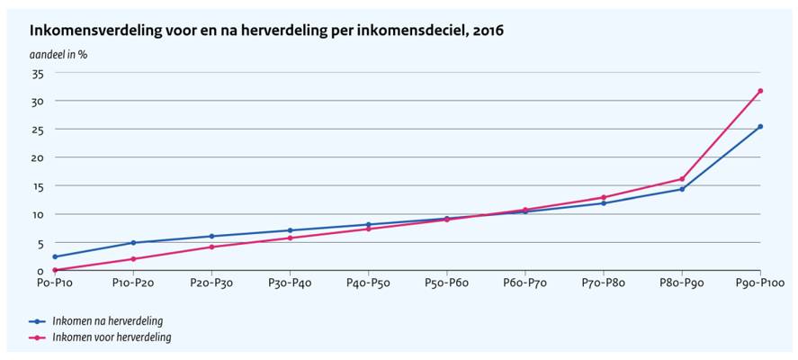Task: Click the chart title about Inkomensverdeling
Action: click(266, 30)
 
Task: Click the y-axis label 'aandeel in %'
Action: click(58, 54)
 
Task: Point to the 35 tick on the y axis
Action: click(37, 73)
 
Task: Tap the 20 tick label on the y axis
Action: click(37, 157)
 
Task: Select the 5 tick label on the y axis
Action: click(40, 243)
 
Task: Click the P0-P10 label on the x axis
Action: click(55, 283)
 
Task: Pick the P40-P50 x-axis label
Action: click(368, 283)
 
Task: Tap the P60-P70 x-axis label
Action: click(525, 283)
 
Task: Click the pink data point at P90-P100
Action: click(760, 91)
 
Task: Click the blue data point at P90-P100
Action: click(760, 126)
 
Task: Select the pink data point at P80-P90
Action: click(682, 178)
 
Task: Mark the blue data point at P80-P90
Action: click(682, 189)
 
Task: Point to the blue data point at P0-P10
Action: click(55, 256)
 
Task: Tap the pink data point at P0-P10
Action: click(55, 270)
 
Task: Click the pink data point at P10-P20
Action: click(133, 259)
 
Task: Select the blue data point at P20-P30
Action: click(211, 236)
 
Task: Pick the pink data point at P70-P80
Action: click(604, 197)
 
